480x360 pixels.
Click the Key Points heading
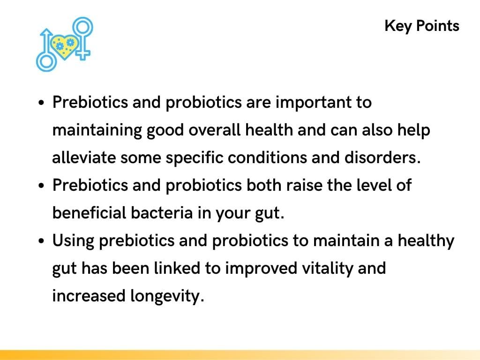(x=421, y=26)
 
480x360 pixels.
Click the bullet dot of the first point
(x=42, y=104)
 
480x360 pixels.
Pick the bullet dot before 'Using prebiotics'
(x=42, y=242)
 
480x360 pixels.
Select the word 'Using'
(x=73, y=241)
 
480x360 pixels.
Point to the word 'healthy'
(x=426, y=241)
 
